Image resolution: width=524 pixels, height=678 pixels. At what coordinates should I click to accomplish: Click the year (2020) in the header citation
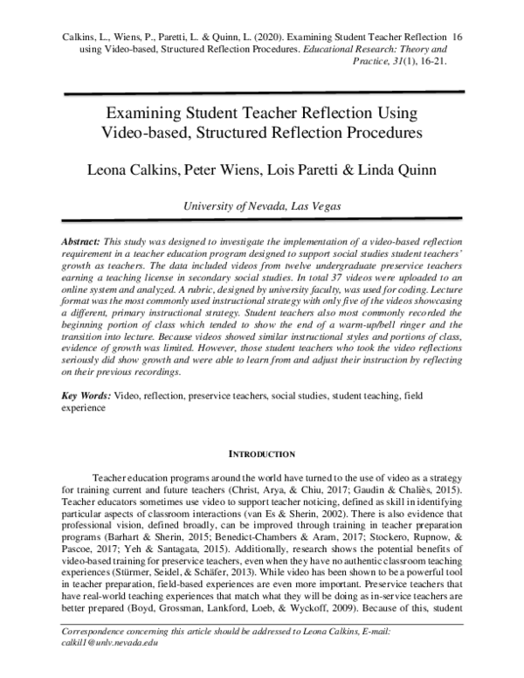click(261, 38)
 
